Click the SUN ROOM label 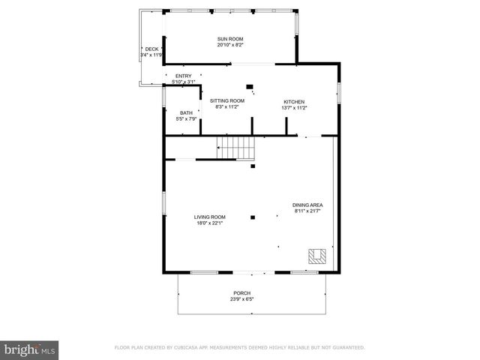click(230, 39)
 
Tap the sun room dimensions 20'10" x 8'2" click(230, 45)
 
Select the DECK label click(151, 49)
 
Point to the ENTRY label click(184, 76)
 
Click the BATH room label click(185, 113)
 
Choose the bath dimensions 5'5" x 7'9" click(185, 119)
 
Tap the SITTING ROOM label click(226, 100)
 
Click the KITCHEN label click(294, 102)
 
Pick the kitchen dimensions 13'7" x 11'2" click(294, 108)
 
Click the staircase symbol click(236, 148)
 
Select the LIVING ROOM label click(210, 216)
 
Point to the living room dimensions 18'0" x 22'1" click(210, 222)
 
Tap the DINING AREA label click(307, 205)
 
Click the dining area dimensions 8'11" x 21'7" click(307, 211)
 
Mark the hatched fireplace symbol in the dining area click(316, 256)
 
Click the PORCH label click(241, 293)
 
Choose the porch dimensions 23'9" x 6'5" click(241, 299)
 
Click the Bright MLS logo click(29, 349)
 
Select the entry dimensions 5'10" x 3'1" click(184, 82)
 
